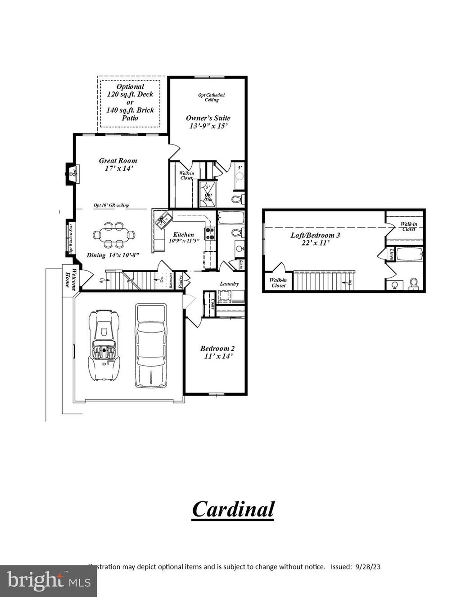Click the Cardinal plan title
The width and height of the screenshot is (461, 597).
point(233,509)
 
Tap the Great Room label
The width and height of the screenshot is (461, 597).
point(118,161)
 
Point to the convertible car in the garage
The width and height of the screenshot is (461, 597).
point(104,346)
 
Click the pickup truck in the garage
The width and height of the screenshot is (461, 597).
point(151,346)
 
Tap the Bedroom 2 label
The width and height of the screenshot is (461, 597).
point(217,348)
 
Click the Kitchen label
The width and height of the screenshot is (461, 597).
point(184,234)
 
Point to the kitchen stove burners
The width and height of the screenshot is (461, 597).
point(210,233)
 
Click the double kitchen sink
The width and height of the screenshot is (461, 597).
point(163,220)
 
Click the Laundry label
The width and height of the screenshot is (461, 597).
point(229,284)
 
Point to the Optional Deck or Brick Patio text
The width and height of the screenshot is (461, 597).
point(130,102)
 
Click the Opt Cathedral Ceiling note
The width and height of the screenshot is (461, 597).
point(211,97)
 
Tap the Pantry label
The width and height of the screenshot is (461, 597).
point(181,282)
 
